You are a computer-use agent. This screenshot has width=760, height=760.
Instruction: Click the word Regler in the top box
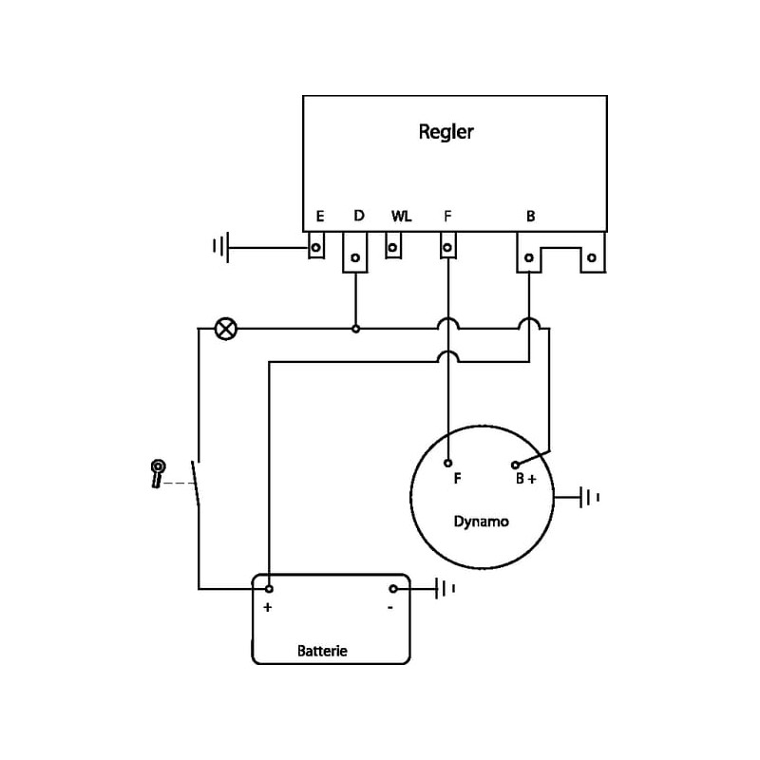click(x=446, y=132)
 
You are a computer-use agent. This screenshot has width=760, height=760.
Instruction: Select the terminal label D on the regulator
click(x=359, y=216)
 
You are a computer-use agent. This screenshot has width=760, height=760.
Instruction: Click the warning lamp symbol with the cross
click(x=226, y=329)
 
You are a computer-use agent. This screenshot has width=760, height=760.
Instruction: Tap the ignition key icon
click(x=157, y=472)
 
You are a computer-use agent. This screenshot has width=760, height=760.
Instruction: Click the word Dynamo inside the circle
click(x=481, y=522)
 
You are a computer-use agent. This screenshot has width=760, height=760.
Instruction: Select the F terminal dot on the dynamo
click(x=448, y=465)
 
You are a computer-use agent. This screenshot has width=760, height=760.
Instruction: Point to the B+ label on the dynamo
click(x=525, y=479)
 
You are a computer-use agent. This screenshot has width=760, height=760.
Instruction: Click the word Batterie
click(x=323, y=651)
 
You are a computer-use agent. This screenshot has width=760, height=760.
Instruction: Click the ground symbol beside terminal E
click(x=220, y=249)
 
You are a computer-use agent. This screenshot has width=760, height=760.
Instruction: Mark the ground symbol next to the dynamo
click(x=591, y=496)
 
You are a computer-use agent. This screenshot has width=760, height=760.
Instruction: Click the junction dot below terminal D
click(x=355, y=329)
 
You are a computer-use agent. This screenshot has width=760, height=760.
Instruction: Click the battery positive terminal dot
click(x=270, y=589)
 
